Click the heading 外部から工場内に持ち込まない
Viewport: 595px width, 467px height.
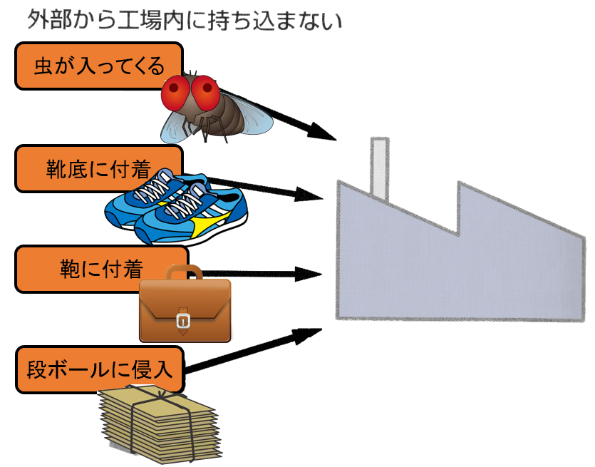point(185,21)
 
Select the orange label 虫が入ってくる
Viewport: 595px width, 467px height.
point(99,66)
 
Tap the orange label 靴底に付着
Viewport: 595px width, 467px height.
point(99,169)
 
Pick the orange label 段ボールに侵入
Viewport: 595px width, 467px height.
point(99,370)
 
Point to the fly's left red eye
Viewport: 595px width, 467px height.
point(175,91)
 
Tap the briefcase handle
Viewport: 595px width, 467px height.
point(185,272)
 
